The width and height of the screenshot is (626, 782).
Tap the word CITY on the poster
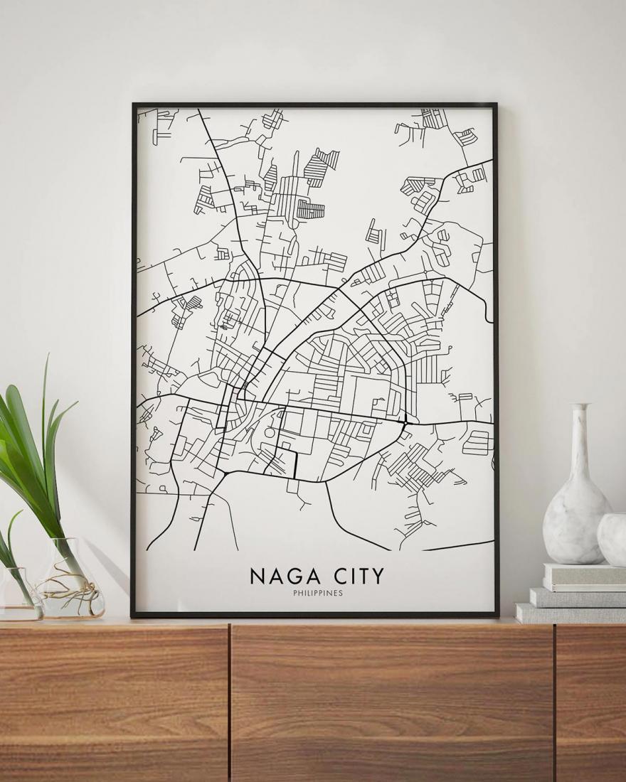coord(354,575)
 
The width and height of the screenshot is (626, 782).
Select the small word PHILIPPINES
coord(317,593)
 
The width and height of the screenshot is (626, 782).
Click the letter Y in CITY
coord(377,575)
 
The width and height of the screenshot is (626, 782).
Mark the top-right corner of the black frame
coord(496,105)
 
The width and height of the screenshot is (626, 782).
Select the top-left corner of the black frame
coord(134,105)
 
